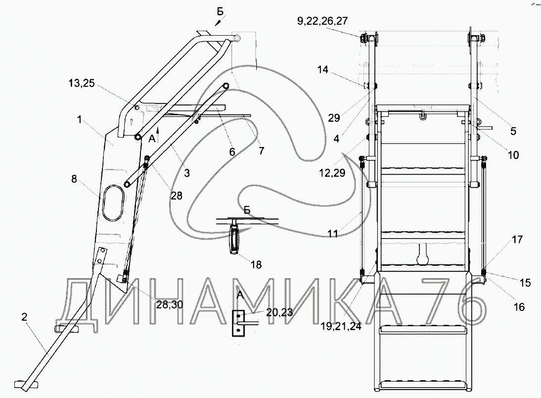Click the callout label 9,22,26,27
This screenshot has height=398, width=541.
322,21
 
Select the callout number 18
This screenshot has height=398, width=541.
256,265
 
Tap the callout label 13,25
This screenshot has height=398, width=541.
81,83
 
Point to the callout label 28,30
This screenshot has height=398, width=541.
170,304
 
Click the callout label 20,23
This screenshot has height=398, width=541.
279,312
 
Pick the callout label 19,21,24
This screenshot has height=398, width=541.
341,326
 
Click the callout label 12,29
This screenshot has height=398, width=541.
332,173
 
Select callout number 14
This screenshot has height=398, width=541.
322,69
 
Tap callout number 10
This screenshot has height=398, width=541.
513,155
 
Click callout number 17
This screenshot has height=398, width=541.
517,240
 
